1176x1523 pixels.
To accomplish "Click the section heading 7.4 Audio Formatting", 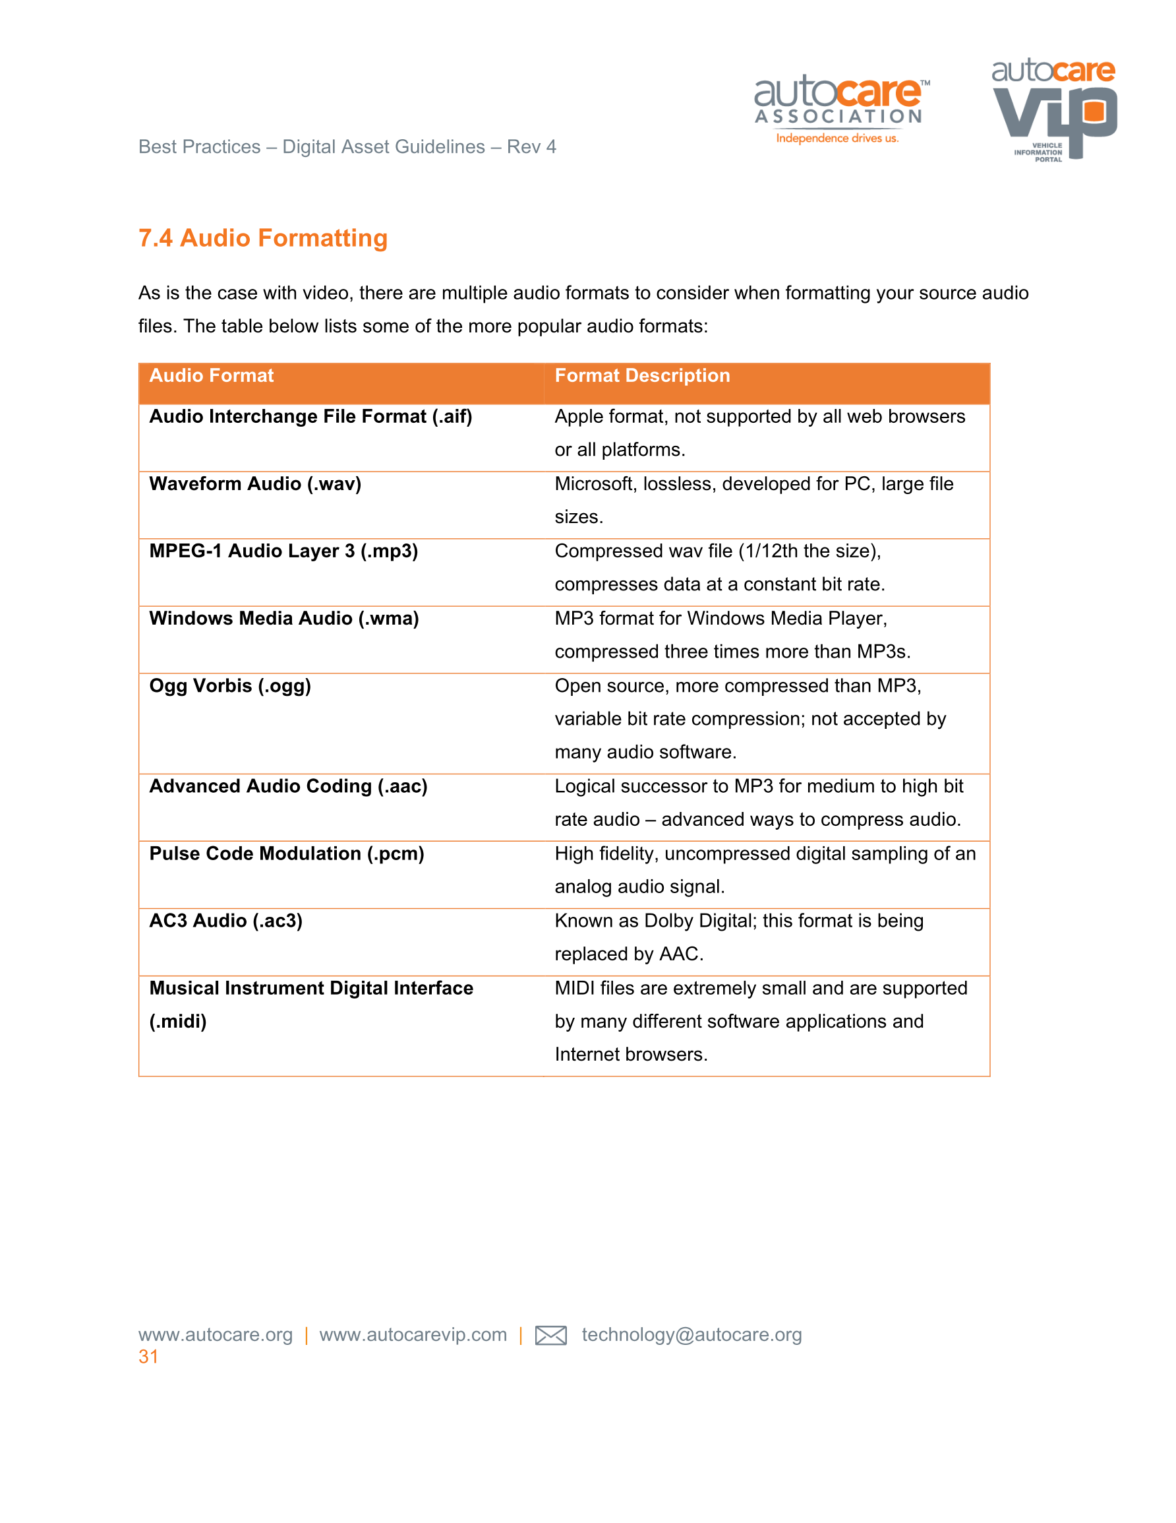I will point(263,239).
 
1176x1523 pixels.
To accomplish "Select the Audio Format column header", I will point(211,376).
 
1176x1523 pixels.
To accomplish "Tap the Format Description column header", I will point(642,376).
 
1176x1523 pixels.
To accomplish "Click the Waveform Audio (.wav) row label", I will point(255,484).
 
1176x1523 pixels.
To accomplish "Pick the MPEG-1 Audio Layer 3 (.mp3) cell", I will point(283,551).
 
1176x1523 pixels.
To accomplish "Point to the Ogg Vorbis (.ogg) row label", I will point(230,686).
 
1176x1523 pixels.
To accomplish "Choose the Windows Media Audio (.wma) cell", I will point(283,619).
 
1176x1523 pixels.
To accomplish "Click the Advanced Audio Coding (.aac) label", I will point(288,787).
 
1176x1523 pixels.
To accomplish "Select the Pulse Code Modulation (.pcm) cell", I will point(287,854).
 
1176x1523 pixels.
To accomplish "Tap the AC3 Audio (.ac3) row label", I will point(226,921).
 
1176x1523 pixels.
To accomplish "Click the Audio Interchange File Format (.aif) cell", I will point(310,417).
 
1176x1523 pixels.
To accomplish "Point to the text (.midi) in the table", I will point(178,1022).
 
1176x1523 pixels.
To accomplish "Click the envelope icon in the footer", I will point(550,1336).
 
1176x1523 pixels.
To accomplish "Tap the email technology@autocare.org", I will point(691,1335).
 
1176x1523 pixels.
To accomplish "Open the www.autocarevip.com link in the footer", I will point(413,1335).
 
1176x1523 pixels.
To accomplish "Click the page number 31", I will point(148,1357).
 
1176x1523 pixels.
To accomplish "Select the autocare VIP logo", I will point(1054,109).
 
